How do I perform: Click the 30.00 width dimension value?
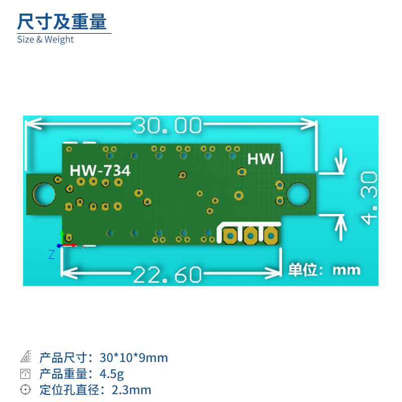tap(167, 126)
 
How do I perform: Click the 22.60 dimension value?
tap(167, 275)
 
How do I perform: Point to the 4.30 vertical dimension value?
tap(369, 197)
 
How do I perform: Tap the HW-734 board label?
tap(100, 171)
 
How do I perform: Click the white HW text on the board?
tap(261, 159)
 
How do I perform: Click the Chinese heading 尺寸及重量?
tap(62, 22)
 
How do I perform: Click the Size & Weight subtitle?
tap(45, 39)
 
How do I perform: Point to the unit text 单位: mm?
tap(324, 270)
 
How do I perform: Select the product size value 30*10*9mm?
tap(134, 358)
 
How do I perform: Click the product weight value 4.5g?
tap(112, 374)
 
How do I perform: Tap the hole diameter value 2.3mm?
tap(131, 390)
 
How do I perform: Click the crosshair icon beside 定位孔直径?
tap(25, 389)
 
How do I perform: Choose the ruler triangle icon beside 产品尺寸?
tap(25, 357)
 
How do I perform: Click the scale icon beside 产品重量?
tap(25, 373)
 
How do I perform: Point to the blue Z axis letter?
tap(51, 255)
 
